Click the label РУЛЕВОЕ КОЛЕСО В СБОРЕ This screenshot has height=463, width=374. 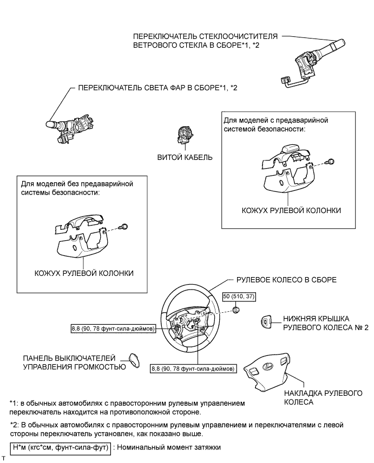click(x=287, y=280)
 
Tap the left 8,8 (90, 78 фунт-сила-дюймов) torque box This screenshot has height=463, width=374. click(x=112, y=328)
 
